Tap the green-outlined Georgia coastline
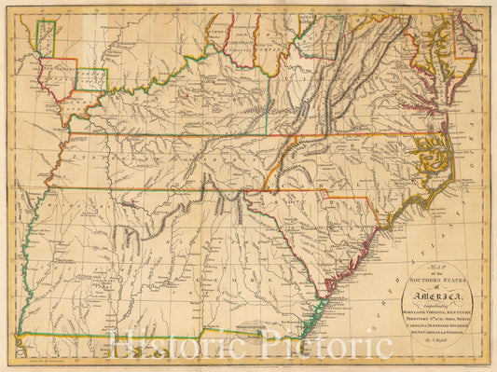click(x=318, y=312)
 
